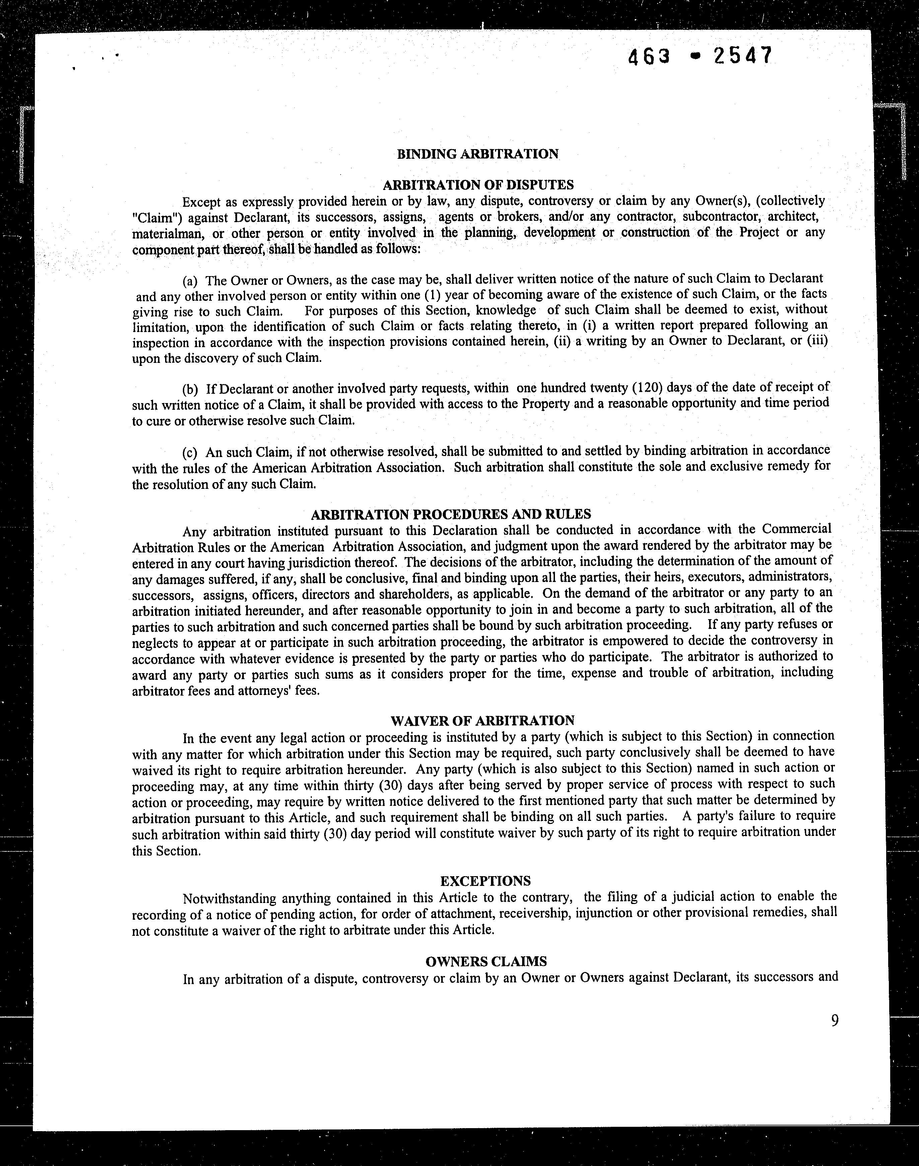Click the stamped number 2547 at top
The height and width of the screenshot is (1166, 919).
[x=743, y=56]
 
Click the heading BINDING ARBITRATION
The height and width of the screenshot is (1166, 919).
[x=478, y=154]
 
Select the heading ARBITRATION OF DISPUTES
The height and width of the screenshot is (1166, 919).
[x=478, y=185]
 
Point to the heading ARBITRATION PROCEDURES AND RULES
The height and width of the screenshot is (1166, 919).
[x=451, y=514]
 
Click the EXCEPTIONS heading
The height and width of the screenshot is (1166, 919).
[x=485, y=881]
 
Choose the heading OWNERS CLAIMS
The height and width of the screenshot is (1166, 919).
[x=486, y=961]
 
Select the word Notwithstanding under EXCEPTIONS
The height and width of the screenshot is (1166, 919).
[x=229, y=898]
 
